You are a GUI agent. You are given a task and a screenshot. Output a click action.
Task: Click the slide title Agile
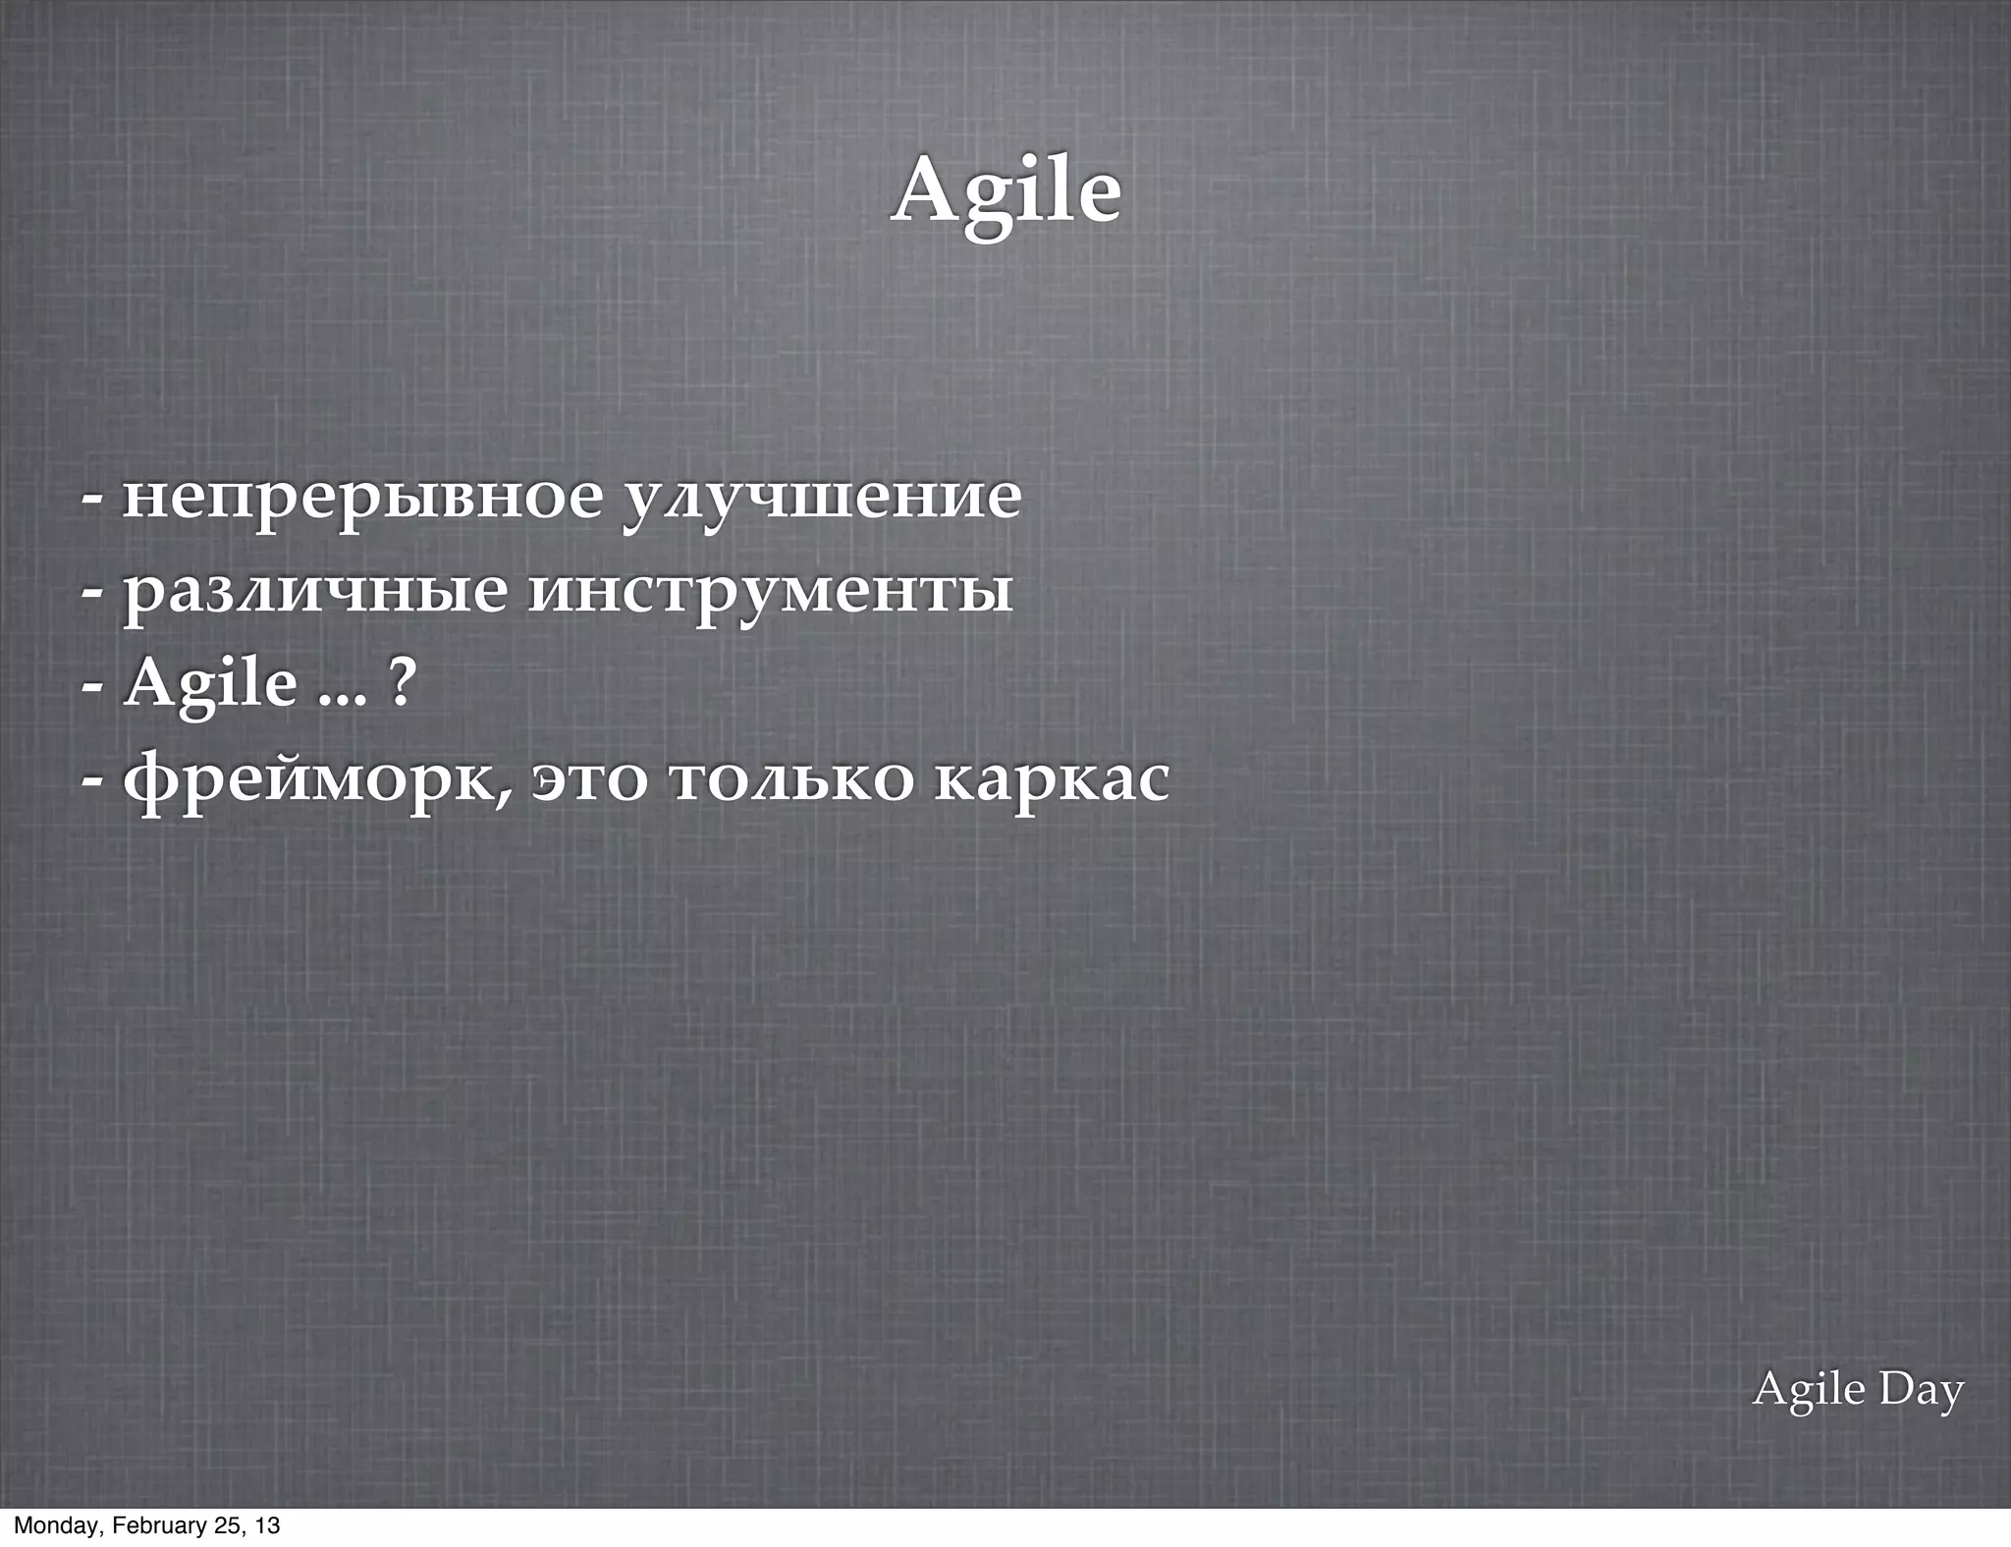[x=1006, y=191]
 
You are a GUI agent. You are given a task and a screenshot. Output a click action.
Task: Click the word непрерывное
[x=361, y=497]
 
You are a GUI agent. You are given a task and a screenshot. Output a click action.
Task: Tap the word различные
[x=315, y=592]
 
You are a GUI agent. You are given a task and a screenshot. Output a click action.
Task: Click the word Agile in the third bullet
[x=210, y=684]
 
